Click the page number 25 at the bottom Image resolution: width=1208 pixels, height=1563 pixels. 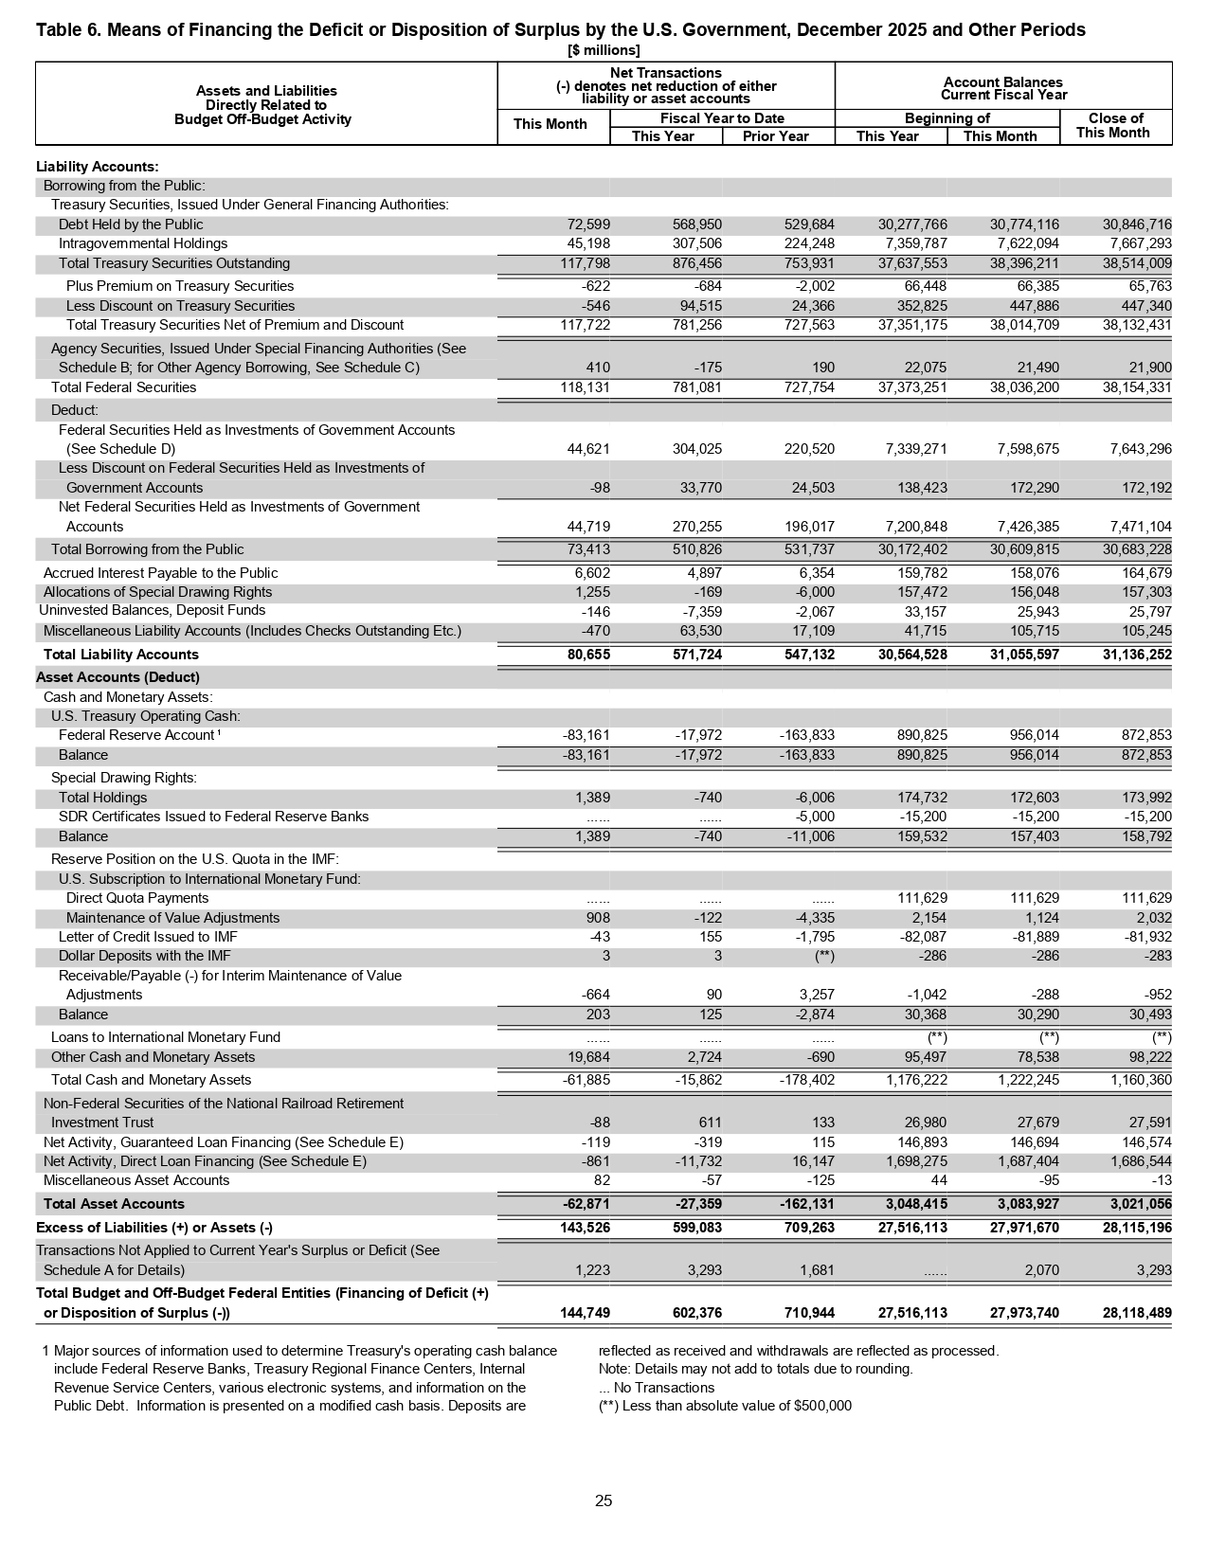pos(604,1500)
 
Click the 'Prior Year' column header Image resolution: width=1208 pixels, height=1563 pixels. pos(776,136)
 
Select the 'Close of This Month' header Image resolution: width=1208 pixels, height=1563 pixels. pos(1114,126)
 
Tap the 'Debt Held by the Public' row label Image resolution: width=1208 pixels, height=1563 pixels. pos(131,225)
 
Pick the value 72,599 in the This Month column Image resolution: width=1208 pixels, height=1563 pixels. pos(588,225)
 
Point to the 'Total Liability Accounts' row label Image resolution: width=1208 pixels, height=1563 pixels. pos(121,655)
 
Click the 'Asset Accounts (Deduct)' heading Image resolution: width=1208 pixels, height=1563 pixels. pos(117,677)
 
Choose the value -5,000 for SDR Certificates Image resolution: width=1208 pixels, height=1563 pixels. pos(814,817)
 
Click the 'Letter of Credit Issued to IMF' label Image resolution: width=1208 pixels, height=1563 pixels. pos(148,937)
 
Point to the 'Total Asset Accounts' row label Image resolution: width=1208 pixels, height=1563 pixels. pos(114,1204)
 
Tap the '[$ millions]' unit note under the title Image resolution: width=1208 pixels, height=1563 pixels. pos(604,50)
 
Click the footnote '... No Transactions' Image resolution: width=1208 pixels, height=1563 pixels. pos(657,1388)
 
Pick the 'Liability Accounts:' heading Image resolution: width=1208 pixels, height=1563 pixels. pos(97,167)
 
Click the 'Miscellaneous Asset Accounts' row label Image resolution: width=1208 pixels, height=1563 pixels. pos(136,1180)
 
